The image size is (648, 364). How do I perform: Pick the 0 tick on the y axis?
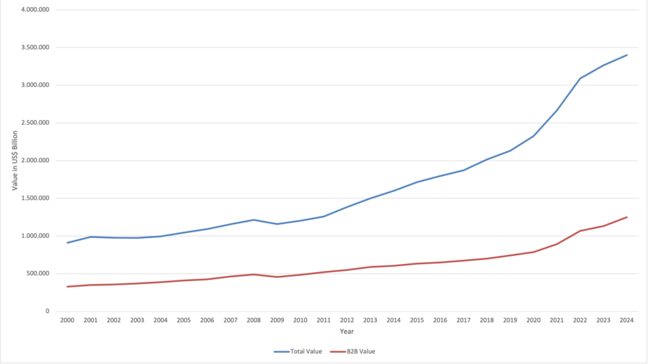point(47,311)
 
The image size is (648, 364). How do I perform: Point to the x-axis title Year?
point(347,331)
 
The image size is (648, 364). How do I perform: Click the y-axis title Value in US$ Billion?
point(15,161)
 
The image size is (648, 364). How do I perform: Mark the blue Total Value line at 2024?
point(627,55)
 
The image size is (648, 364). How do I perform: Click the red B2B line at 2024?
point(627,217)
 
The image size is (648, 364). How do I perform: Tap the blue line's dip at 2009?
point(277,224)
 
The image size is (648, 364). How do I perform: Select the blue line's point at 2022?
point(580,78)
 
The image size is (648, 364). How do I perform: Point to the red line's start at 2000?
point(68,287)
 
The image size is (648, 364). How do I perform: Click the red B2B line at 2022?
point(580,231)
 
